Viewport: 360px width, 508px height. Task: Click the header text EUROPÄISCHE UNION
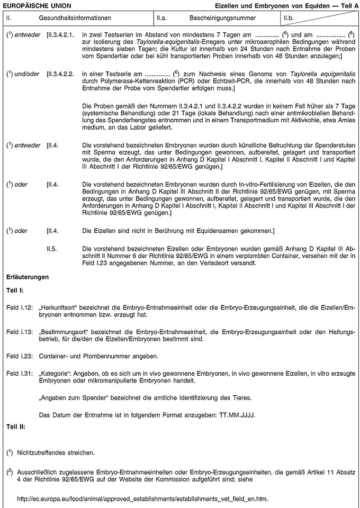[x=36, y=5]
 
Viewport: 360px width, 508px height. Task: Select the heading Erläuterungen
[x=28, y=276]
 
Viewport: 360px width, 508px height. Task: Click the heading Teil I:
[x=15, y=291]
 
